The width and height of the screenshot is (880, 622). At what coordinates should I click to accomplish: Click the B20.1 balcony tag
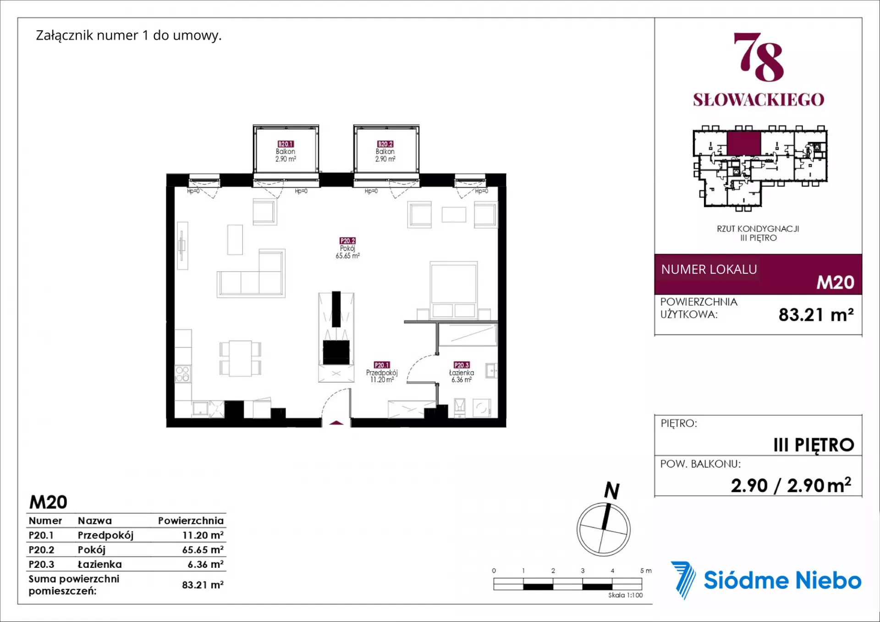286,144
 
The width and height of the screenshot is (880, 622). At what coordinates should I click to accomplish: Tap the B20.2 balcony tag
385,144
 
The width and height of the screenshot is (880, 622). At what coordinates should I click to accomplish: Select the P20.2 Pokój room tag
347,241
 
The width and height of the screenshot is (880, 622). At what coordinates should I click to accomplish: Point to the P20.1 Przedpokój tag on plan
381,365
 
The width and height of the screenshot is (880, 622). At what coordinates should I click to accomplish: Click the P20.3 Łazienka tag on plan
462,365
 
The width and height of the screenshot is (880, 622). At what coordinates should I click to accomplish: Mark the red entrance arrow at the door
336,423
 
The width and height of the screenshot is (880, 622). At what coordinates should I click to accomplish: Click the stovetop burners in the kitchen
182,374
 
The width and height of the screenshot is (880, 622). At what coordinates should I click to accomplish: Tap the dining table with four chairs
240,358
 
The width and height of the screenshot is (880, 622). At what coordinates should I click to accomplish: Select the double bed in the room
453,290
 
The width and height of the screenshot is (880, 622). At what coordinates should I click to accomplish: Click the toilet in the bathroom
459,407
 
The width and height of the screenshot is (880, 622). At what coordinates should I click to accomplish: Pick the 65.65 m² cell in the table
203,550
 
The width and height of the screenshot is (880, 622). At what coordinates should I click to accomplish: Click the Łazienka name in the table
99,564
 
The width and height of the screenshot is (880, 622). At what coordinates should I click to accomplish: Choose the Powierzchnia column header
191,521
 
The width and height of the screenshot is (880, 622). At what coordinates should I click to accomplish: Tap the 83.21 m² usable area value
816,314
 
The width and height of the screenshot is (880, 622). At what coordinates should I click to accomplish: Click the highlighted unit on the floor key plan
743,143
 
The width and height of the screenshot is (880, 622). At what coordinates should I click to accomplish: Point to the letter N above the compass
612,490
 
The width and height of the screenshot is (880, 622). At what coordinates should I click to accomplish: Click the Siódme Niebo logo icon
683,580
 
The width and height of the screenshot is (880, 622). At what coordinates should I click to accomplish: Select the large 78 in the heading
759,57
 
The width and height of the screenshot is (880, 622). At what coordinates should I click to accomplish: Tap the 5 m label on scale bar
646,571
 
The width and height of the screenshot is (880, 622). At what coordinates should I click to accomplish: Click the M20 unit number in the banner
835,282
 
